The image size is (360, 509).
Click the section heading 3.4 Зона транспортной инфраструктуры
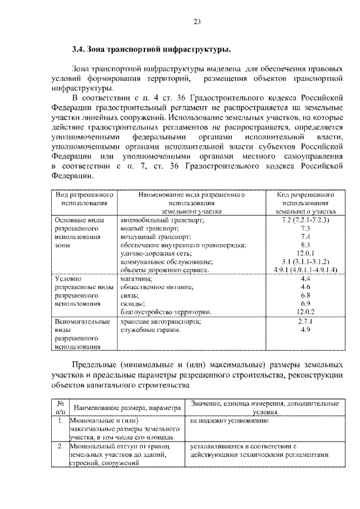coord(151,50)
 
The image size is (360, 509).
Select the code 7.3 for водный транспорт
coord(305,229)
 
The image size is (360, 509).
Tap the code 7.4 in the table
coord(305,237)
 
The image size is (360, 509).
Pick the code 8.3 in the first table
coord(305,245)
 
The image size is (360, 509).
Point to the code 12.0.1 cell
coord(305,254)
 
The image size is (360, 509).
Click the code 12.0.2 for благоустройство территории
coord(305,312)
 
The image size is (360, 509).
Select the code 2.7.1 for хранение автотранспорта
coord(305,321)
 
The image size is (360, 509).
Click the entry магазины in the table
coord(136,279)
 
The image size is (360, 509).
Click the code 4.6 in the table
coord(305,287)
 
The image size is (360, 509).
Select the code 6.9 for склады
coord(305,303)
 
